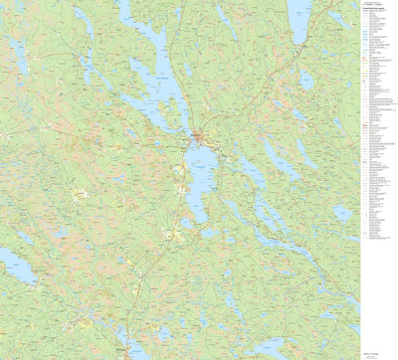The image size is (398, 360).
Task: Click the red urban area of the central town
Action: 200,136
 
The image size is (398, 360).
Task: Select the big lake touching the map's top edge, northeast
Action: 298,20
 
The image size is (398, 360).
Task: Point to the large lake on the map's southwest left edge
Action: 15,264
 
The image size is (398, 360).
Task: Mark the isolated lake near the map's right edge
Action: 343,213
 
